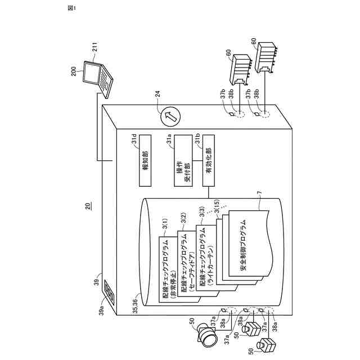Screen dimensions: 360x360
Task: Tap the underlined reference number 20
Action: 87,206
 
